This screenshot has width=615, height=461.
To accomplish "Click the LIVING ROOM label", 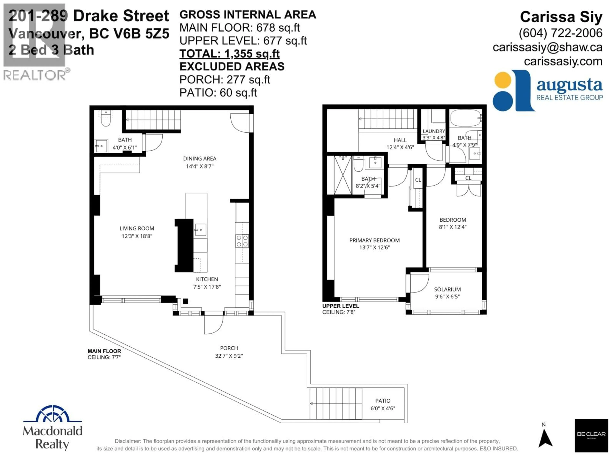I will tap(137, 228).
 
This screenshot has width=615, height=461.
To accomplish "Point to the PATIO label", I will tap(383, 401).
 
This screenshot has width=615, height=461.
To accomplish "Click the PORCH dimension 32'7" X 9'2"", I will tap(229, 356).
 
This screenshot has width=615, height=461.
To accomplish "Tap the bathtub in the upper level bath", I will tap(465, 118).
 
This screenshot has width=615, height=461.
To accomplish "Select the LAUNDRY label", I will tap(434, 131).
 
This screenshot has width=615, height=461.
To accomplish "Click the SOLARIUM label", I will tap(447, 289).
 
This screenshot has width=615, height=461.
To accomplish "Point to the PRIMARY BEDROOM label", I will tap(374, 240).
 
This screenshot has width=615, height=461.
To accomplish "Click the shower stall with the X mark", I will tap(343, 175).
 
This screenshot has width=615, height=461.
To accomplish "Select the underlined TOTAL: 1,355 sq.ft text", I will tap(229, 54).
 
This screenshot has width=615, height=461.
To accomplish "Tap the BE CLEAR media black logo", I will tap(591, 435).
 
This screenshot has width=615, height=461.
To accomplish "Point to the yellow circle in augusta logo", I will tap(503, 80).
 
